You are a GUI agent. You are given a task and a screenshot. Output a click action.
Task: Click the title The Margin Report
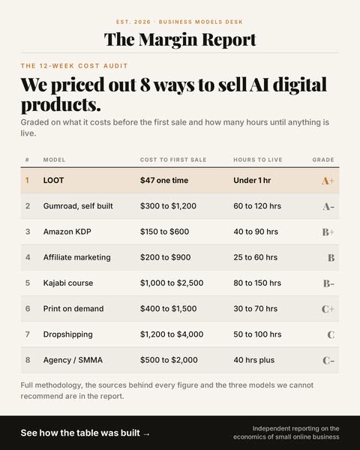click(180, 40)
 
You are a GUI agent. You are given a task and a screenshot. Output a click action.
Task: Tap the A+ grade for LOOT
click(328, 181)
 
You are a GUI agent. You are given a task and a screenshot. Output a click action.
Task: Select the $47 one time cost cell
click(164, 180)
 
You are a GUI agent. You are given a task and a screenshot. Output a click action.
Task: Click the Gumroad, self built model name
click(78, 206)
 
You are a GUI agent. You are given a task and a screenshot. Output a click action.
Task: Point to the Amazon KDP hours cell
click(256, 232)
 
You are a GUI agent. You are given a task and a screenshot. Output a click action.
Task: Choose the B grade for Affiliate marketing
click(331, 258)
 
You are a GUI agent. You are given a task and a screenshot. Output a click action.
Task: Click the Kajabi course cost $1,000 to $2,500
click(172, 283)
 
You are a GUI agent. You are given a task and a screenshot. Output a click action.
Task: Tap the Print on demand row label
click(73, 308)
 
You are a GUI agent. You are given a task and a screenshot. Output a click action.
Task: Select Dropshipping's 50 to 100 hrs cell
click(257, 334)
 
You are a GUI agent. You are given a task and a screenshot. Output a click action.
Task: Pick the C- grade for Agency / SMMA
click(328, 361)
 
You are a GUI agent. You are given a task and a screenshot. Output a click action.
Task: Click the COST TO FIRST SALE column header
click(173, 160)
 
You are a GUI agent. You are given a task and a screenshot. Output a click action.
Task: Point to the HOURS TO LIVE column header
click(258, 160)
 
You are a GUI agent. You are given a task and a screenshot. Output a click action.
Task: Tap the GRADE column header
click(323, 160)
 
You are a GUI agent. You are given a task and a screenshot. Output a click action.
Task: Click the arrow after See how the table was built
click(146, 433)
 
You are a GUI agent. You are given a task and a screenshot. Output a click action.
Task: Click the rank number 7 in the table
click(28, 334)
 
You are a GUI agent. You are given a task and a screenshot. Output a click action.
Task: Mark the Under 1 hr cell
click(252, 180)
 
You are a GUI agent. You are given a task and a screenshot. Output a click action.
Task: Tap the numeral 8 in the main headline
click(145, 85)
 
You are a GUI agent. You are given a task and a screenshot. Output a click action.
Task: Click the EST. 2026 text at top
click(133, 22)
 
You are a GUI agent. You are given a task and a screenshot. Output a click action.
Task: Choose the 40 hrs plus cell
click(253, 360)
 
